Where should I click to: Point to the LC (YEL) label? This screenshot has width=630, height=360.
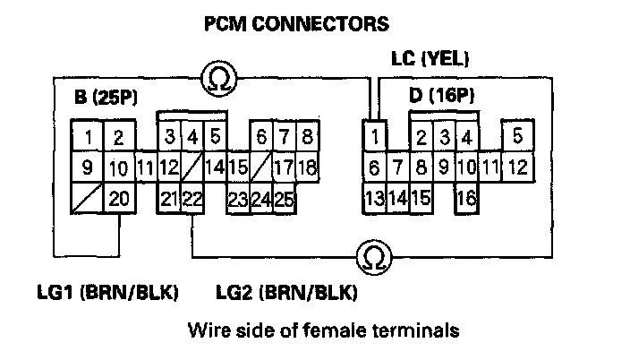click(x=432, y=59)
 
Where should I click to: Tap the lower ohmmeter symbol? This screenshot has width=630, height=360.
click(x=370, y=258)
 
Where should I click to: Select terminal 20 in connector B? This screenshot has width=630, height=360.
click(x=118, y=198)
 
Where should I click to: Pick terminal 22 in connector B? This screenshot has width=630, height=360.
click(x=192, y=198)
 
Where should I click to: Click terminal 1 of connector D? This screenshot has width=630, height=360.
click(x=373, y=137)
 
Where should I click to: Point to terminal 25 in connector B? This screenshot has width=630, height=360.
click(x=284, y=198)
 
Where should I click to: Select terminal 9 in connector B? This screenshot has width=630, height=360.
click(x=86, y=167)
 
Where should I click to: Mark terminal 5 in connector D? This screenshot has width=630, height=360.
click(x=517, y=137)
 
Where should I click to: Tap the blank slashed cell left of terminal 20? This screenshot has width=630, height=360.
click(x=86, y=198)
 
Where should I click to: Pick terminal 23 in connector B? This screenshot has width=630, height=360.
click(x=238, y=198)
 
